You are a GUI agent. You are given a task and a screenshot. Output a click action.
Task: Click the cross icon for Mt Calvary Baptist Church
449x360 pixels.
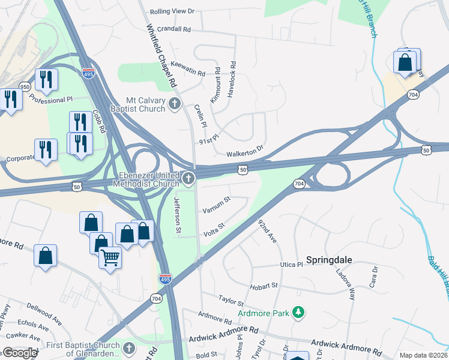[175, 104]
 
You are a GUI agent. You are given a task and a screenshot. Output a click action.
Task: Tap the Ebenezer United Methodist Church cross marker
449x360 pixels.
[188, 178]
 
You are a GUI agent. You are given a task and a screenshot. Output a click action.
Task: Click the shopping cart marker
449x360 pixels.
[110, 258]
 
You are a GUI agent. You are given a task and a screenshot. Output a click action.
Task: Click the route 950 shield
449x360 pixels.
[25, 86]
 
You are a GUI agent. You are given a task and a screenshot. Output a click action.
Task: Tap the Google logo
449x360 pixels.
[20, 353]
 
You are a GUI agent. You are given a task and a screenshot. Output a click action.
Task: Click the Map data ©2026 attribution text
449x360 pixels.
[423, 355]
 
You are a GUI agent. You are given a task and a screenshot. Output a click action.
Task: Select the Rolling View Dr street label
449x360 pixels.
[172, 11]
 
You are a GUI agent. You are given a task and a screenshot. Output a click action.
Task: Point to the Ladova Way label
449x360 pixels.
[350, 280]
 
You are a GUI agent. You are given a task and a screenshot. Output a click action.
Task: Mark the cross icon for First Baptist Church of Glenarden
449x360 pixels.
[128, 348]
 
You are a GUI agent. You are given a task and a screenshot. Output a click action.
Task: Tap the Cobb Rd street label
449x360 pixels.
[99, 122]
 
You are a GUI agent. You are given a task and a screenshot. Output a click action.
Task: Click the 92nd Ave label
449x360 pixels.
[267, 230]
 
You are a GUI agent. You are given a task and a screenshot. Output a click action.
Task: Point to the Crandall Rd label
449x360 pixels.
[175, 29]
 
